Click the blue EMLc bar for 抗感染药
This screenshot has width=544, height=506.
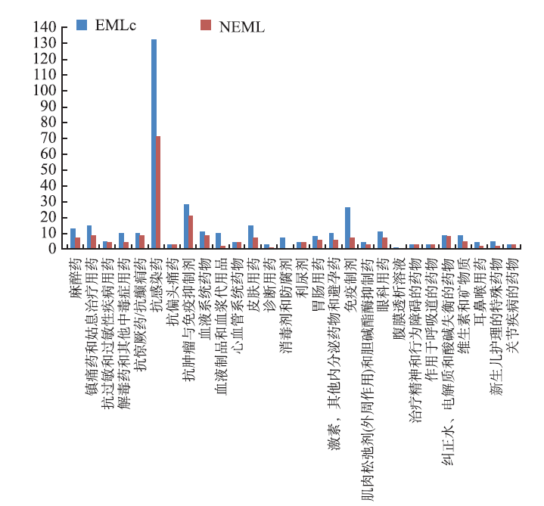154,144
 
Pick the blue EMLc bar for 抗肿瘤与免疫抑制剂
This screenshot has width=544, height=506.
186,226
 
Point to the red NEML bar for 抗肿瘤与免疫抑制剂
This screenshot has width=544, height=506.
191,231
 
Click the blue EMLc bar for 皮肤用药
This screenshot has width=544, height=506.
250,237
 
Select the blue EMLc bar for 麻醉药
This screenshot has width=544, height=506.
73,238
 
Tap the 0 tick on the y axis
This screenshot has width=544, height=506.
54,248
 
